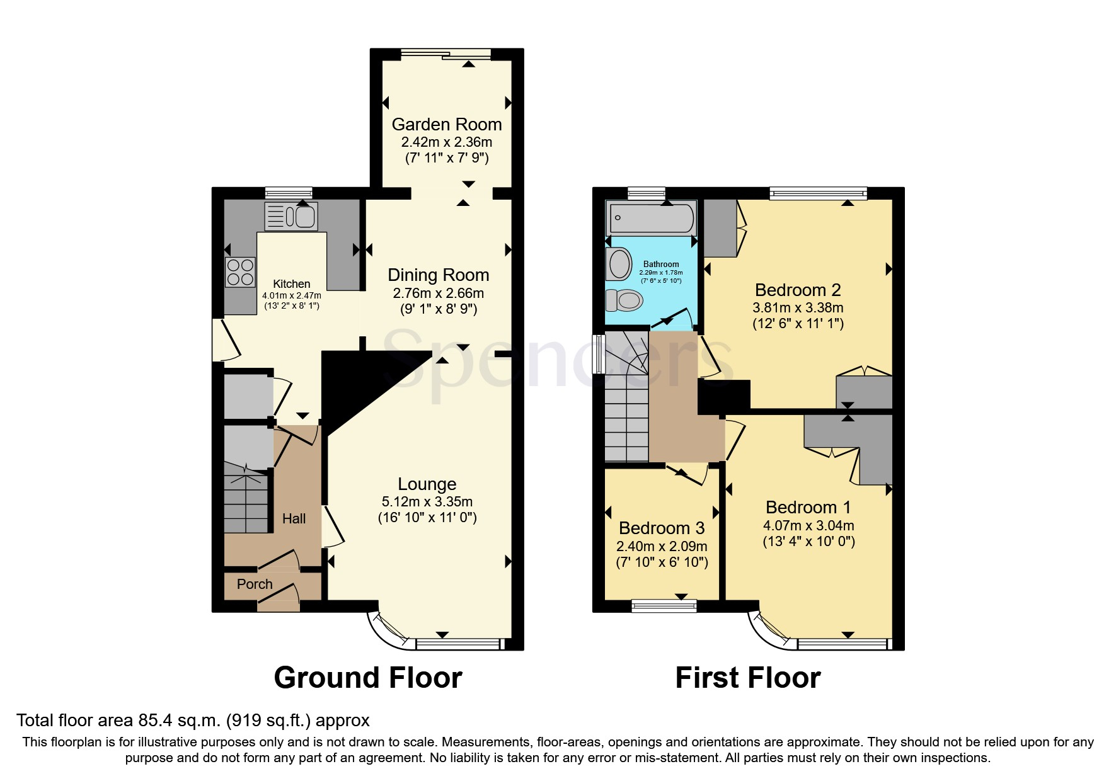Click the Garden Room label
pos(446,125)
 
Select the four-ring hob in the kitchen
pos(239,272)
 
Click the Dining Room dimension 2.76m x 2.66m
pos(438,294)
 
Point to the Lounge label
pos(427,484)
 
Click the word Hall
pos(294,519)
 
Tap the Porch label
pos(255,584)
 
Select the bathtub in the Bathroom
pos(651,219)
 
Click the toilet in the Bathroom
pos(624,300)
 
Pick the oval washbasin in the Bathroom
pos(619,264)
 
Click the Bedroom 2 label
pos(798,290)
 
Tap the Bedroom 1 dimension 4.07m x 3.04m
pos(808,526)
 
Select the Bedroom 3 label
pos(662,528)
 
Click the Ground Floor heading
pos(368,678)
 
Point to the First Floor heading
pos(747,678)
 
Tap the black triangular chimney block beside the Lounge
pos(353,384)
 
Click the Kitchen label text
pos(291,284)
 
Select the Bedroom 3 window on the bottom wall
pos(664,606)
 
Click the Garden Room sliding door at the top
pos(446,54)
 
